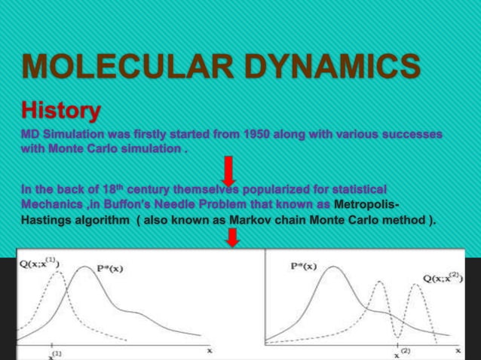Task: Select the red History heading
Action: [x=60, y=111]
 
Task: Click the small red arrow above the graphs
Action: [x=233, y=237]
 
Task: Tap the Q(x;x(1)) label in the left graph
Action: [x=41, y=264]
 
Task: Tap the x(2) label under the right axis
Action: [x=403, y=352]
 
